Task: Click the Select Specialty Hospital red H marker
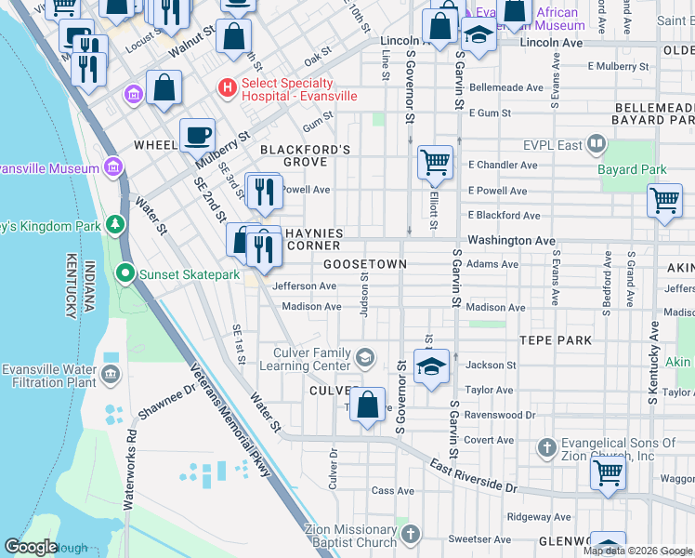[225, 87]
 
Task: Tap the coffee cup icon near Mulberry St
[196, 135]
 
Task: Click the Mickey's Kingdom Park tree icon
[114, 224]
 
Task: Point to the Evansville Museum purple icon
[113, 167]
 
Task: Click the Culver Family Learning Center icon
[365, 356]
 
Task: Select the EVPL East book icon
[597, 144]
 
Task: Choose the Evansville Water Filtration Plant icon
[111, 375]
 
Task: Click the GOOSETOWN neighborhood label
[365, 264]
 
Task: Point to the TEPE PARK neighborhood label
[556, 340]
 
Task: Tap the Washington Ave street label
[511, 240]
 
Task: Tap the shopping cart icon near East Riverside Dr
[608, 472]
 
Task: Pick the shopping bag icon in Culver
[368, 405]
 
